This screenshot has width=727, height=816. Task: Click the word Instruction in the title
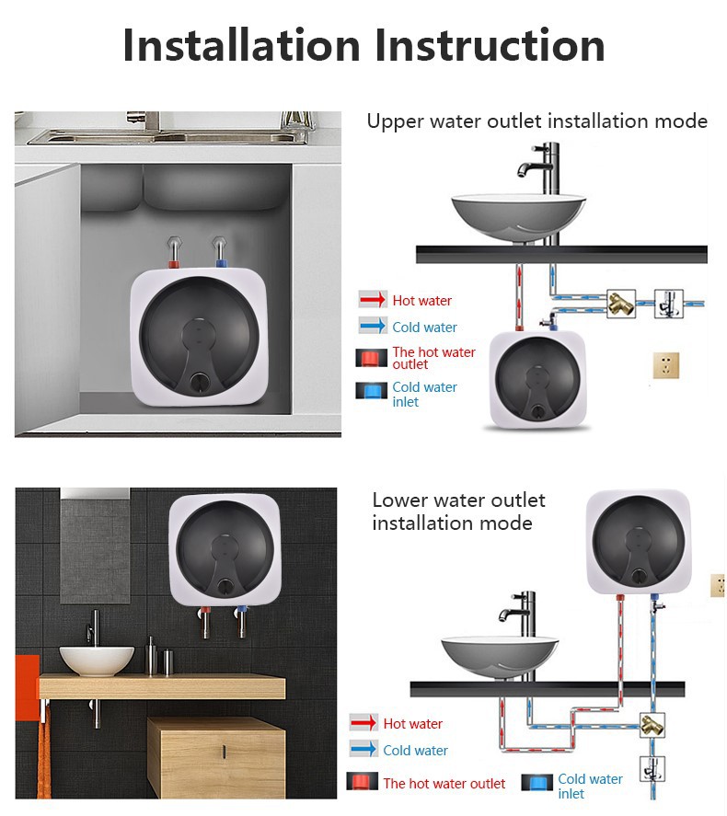(490, 45)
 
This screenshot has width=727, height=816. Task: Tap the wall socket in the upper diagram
(666, 365)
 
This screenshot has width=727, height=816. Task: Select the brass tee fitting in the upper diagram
(621, 304)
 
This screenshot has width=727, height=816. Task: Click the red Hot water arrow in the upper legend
(373, 299)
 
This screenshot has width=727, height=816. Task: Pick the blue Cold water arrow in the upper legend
(373, 326)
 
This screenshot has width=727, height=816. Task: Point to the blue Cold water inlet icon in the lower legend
(537, 782)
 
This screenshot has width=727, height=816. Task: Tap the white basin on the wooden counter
(97, 661)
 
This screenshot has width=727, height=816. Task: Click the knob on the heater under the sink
(199, 382)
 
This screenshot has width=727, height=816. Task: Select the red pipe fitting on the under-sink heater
(174, 264)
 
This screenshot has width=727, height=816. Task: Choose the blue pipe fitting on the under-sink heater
(221, 263)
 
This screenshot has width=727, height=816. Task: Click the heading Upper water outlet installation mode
(537, 121)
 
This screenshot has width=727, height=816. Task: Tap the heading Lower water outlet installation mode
(458, 511)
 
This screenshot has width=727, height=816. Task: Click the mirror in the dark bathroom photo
(95, 546)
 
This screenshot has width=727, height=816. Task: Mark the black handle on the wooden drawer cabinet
(225, 752)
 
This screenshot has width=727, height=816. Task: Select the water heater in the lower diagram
(639, 541)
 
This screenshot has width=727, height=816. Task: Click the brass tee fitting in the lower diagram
(652, 725)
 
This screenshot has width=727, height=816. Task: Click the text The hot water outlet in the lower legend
(444, 783)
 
